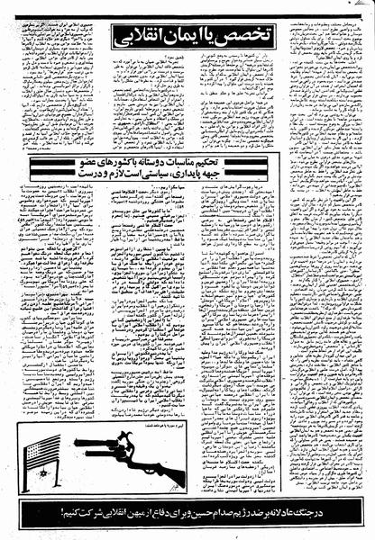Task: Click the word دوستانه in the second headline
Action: point(185,162)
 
